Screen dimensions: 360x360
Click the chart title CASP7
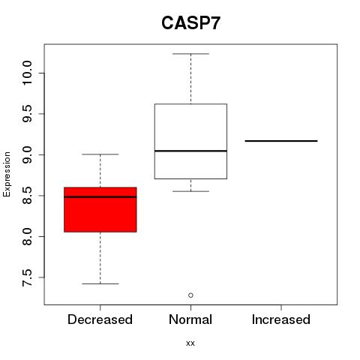[190, 23]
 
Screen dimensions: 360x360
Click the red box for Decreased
[100, 209]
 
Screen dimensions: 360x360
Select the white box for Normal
[190, 141]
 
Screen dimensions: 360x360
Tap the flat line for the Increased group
[281, 141]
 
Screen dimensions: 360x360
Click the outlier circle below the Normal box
[190, 295]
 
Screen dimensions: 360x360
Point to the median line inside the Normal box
[190, 151]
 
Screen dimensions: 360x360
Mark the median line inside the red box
[100, 197]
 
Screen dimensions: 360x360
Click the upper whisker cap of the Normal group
[190, 54]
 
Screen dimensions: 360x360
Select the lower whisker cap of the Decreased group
[100, 283]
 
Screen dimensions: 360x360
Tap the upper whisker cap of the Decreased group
[100, 154]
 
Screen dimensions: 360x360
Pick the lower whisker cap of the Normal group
[190, 191]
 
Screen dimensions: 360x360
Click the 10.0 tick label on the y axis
[27, 73]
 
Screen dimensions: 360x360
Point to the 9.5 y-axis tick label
[27, 114]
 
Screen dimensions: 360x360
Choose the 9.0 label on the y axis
[27, 154]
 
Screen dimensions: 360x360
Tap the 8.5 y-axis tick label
[27, 196]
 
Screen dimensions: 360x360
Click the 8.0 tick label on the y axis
[27, 236]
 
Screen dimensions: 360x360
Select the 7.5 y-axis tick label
[27, 277]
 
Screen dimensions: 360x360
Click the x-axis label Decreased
[100, 319]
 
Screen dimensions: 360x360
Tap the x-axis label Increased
[281, 319]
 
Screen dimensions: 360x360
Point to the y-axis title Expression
[7, 174]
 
